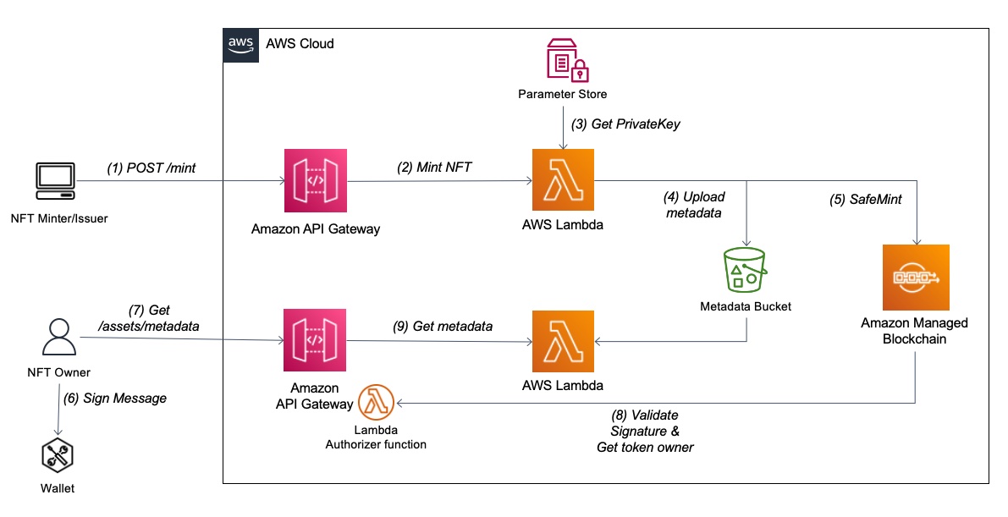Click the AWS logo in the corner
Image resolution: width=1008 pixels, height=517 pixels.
[241, 45]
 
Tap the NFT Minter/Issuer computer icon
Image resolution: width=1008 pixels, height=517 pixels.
[55, 181]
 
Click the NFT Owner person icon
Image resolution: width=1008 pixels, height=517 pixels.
[59, 338]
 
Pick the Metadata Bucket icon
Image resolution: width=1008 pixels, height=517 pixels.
[745, 270]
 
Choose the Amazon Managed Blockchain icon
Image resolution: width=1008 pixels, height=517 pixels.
[916, 278]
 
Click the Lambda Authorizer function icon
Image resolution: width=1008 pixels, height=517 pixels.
[376, 403]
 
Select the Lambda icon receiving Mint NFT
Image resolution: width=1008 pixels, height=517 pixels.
[563, 180]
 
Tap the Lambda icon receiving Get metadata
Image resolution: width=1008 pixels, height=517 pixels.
[563, 342]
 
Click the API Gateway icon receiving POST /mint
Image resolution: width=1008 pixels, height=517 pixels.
[316, 181]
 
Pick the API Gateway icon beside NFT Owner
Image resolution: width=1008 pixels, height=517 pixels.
[315, 340]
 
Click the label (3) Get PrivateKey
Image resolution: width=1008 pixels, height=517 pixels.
[626, 124]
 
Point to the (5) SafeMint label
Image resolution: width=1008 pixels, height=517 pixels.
[865, 200]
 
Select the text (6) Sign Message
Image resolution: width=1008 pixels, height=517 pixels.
[115, 399]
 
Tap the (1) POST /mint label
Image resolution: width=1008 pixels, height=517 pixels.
[151, 168]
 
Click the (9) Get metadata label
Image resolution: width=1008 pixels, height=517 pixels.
[443, 327]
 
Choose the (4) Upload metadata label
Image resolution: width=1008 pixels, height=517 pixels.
[694, 205]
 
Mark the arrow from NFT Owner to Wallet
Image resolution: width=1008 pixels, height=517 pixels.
[59, 410]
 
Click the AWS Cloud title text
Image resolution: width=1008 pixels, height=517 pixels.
[300, 44]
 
